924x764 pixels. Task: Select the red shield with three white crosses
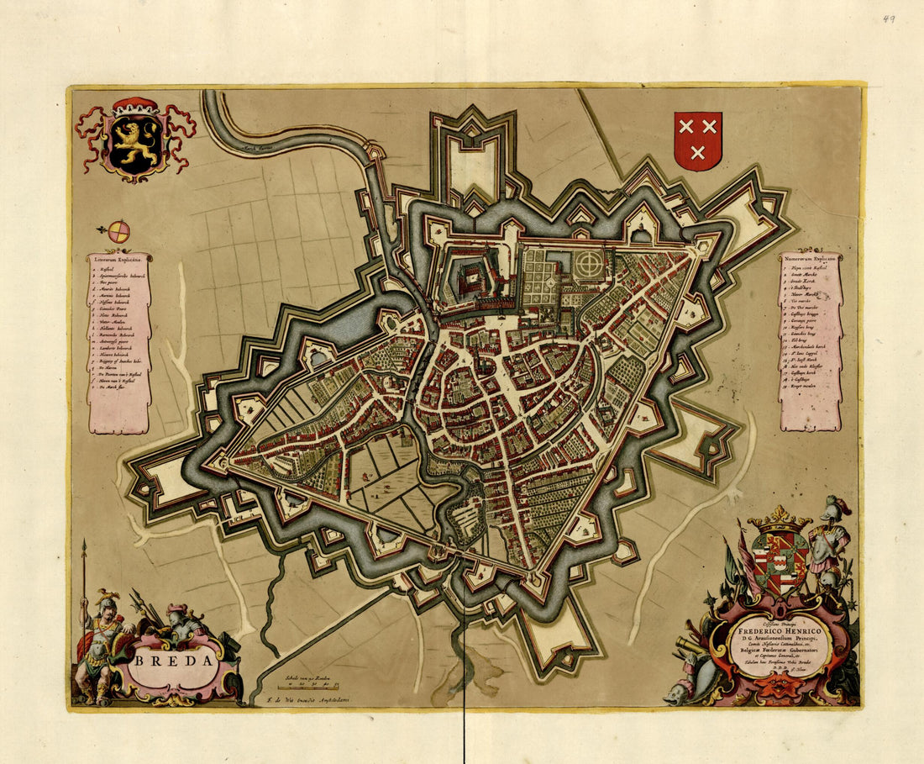(698, 140)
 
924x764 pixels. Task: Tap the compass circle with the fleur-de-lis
(119, 231)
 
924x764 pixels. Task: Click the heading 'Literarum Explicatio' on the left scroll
(118, 260)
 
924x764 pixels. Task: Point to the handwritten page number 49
(888, 18)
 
